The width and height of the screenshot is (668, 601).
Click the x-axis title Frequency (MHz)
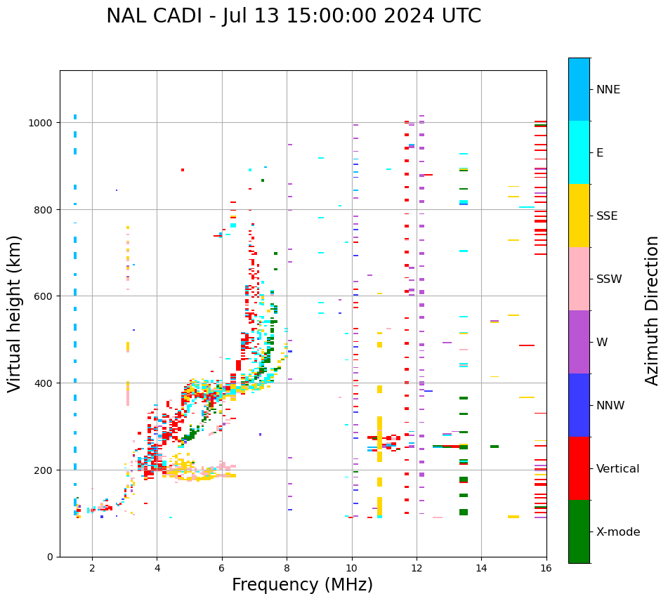[302, 585]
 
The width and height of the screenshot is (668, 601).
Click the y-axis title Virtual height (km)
[15, 313]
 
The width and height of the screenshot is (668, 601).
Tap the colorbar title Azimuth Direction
[653, 310]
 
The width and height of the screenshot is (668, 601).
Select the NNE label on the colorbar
[608, 89]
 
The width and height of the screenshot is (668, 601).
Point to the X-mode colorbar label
[618, 532]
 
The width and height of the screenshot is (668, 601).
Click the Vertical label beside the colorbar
[617, 469]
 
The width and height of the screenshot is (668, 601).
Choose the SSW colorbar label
[609, 279]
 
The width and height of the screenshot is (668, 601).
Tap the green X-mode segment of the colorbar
[579, 531]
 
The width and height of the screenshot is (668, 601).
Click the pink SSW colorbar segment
[579, 279]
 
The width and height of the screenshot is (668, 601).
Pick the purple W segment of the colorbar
[579, 342]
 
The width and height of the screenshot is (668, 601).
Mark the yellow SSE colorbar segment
[579, 216]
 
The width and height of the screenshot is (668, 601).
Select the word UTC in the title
[462, 16]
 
